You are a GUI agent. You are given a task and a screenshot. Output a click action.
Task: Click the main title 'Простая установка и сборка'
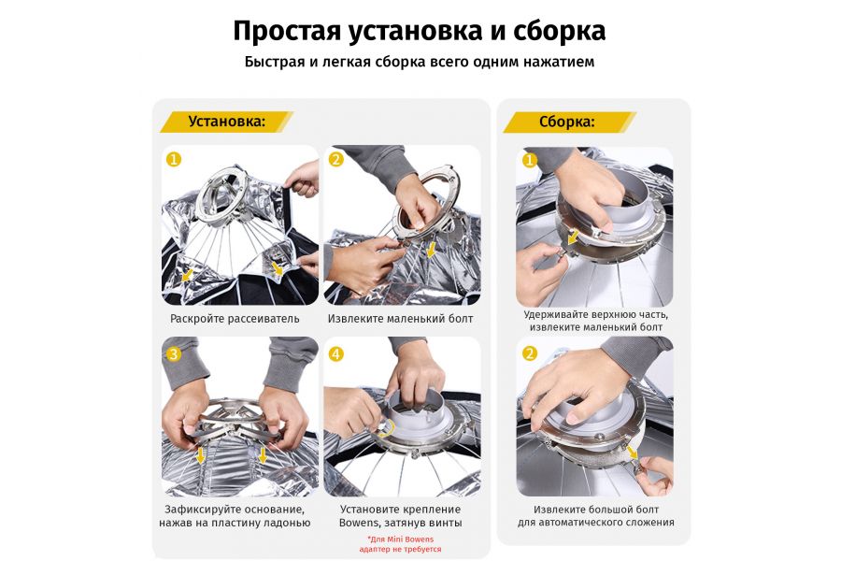pyautogui.click(x=420, y=31)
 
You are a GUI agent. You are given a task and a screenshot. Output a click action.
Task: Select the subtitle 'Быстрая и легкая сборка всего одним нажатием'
pyautogui.click(x=420, y=62)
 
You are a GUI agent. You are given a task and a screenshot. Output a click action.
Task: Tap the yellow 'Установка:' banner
pyautogui.click(x=226, y=122)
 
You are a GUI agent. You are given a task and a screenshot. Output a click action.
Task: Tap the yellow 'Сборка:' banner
pyautogui.click(x=567, y=122)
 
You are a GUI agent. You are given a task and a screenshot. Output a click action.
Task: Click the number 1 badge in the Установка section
pyautogui.click(x=173, y=159)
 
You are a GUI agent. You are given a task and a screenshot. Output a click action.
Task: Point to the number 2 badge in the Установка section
pyautogui.click(x=335, y=159)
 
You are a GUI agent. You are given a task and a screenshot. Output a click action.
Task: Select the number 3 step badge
pyautogui.click(x=173, y=353)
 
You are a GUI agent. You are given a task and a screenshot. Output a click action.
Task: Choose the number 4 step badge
pyautogui.click(x=335, y=353)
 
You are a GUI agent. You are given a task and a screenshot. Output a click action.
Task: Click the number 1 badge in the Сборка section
pyautogui.click(x=529, y=161)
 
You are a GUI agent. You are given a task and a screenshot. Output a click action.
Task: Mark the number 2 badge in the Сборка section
pyautogui.click(x=529, y=353)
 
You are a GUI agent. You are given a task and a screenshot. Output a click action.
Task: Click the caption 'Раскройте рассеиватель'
pyautogui.click(x=235, y=319)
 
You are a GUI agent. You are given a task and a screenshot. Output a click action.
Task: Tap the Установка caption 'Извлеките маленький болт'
pyautogui.click(x=400, y=319)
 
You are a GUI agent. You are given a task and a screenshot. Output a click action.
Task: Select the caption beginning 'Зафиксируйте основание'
pyautogui.click(x=235, y=515)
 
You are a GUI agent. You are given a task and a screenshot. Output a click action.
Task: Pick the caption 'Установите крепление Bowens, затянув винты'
pyautogui.click(x=400, y=515)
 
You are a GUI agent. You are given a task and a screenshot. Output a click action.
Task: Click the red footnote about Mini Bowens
pyautogui.click(x=400, y=544)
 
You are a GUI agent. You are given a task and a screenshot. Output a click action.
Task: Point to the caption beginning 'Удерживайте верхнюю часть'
pyautogui.click(x=595, y=321)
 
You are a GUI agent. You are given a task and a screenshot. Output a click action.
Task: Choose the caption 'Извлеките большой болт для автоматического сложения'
pyautogui.click(x=595, y=515)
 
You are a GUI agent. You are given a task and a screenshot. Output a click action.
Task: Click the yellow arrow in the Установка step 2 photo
pyautogui.click(x=430, y=250)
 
